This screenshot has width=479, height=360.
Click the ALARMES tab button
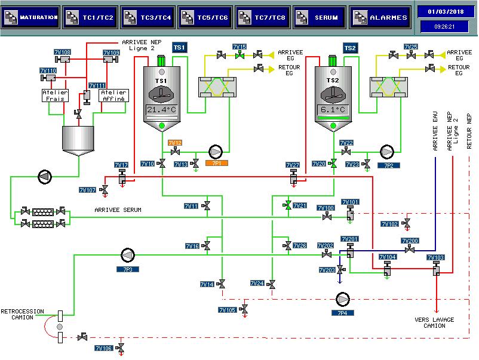point(380,18)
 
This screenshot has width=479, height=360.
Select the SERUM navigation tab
point(319,18)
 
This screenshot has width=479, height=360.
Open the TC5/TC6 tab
point(205,18)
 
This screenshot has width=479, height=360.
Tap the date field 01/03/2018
point(446,12)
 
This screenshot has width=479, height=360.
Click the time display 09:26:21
point(444,26)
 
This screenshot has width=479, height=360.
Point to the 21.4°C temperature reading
point(162,110)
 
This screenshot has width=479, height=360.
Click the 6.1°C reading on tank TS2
point(333,110)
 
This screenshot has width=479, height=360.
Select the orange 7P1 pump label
point(217,164)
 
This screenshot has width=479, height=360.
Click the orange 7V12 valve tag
point(175,143)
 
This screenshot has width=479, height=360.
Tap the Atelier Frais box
point(55,96)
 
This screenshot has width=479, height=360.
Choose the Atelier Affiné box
point(113,96)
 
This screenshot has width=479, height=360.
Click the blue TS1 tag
point(179,48)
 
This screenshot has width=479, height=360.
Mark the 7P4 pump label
point(342,313)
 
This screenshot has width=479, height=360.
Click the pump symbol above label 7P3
point(128,256)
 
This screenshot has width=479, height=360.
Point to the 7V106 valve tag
point(104,349)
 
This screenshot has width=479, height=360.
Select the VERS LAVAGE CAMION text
point(434,323)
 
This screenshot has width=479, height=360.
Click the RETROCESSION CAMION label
point(22,314)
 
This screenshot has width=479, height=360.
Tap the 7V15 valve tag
point(240,47)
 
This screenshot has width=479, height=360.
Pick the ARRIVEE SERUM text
point(118,210)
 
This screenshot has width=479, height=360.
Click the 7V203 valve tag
point(327,270)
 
